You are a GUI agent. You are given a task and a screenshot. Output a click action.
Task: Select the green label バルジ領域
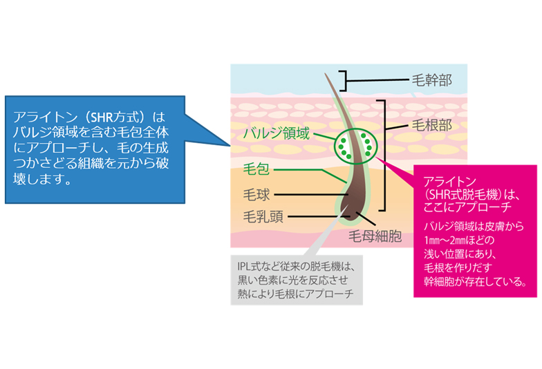pos(276,133)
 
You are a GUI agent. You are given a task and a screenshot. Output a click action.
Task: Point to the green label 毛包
pos(257,169)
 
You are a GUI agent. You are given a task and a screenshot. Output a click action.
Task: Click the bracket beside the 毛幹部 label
pos(343,82)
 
